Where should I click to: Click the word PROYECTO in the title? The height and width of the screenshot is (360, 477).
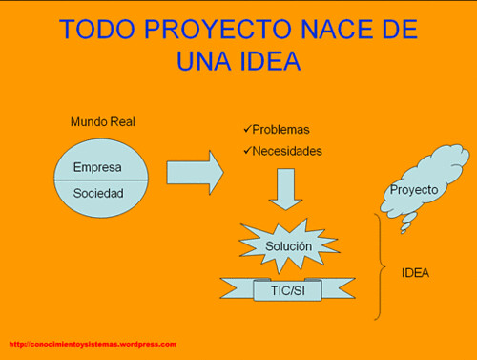pyautogui.click(x=218, y=29)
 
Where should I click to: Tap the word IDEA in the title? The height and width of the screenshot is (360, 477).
pyautogui.click(x=270, y=60)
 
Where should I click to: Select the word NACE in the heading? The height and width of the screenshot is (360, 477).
pyautogui.click(x=338, y=29)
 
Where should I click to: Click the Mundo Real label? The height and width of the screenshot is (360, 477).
pyautogui.click(x=103, y=121)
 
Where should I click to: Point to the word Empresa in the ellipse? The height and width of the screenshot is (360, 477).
pyautogui.click(x=97, y=167)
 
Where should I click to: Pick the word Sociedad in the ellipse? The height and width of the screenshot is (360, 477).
pyautogui.click(x=98, y=193)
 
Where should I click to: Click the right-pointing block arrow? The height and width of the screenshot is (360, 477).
pyautogui.click(x=196, y=173)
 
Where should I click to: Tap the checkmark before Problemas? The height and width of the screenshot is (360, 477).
pyautogui.click(x=247, y=129)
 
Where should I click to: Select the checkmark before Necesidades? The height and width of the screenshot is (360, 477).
pyautogui.click(x=247, y=150)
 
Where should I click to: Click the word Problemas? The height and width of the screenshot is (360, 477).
pyautogui.click(x=280, y=130)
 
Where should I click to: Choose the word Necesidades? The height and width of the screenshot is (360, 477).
pyautogui.click(x=287, y=151)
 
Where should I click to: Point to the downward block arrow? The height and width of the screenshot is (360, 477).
pyautogui.click(x=285, y=189)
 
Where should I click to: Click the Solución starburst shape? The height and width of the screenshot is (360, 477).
pyautogui.click(x=289, y=246)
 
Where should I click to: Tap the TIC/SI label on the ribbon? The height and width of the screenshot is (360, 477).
pyautogui.click(x=288, y=290)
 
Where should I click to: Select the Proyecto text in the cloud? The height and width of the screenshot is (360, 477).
pyautogui.click(x=414, y=190)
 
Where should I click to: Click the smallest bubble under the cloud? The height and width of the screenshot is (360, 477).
pyautogui.click(x=404, y=232)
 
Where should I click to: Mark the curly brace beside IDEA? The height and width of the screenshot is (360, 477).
pyautogui.click(x=381, y=266)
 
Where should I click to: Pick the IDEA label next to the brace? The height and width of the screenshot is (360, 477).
pyautogui.click(x=415, y=273)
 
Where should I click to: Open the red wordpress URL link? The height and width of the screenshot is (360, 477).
pyautogui.click(x=93, y=344)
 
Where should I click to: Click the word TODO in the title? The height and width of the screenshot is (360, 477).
pyautogui.click(x=97, y=29)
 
